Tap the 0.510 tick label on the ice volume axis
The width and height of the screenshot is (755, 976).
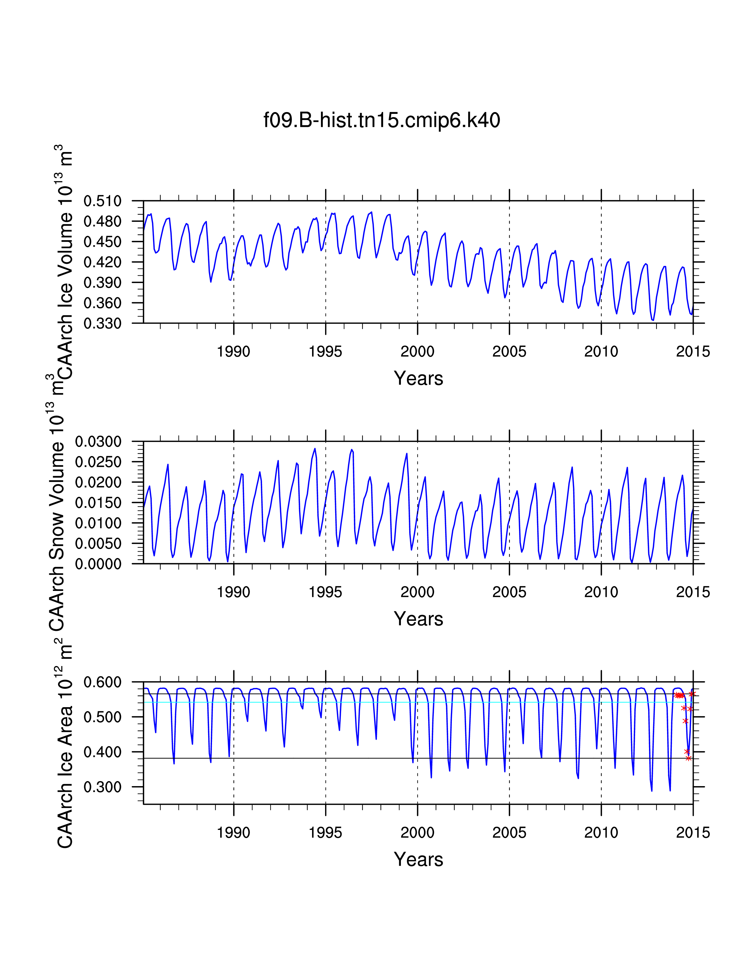(x=102, y=201)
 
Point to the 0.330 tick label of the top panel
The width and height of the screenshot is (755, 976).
(x=102, y=323)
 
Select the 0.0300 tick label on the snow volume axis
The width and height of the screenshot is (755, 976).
(x=98, y=442)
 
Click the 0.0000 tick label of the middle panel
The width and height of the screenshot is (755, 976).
(x=98, y=564)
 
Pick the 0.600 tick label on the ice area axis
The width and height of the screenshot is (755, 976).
(x=102, y=682)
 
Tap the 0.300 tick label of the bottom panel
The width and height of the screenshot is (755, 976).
(x=102, y=787)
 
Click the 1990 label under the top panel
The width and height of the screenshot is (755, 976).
(x=234, y=352)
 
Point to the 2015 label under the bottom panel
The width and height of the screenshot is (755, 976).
(x=693, y=833)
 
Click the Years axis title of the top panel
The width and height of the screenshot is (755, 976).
(x=418, y=379)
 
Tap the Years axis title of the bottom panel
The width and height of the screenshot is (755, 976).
(x=418, y=859)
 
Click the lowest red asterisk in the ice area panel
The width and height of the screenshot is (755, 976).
(x=688, y=758)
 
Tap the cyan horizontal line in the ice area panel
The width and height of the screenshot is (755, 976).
(x=403, y=702)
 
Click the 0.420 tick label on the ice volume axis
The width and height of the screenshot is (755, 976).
(x=102, y=262)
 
